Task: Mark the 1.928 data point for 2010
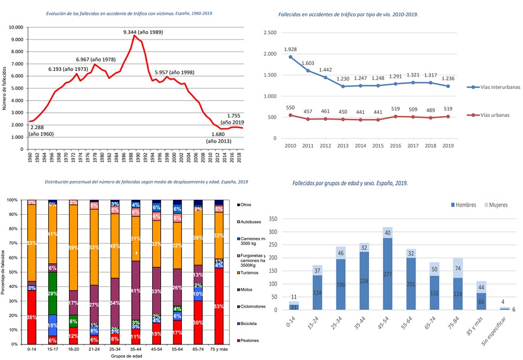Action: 291,57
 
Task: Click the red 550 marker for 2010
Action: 291,115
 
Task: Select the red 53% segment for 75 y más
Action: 218,307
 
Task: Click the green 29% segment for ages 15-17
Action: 53,294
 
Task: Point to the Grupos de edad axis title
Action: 125,357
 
